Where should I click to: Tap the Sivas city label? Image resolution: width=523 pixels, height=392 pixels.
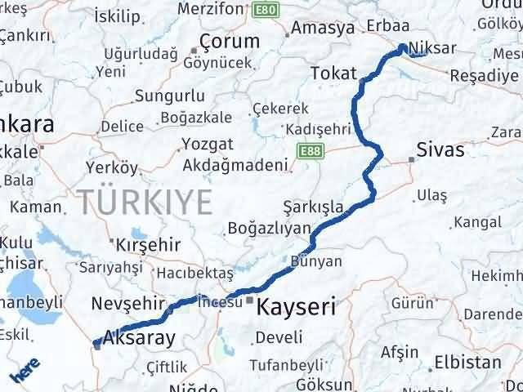(440, 150)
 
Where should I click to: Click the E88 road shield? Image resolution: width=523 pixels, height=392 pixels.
(309, 152)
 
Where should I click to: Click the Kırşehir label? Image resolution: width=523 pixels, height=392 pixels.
(146, 245)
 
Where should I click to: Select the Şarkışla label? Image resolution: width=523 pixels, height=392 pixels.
(313, 207)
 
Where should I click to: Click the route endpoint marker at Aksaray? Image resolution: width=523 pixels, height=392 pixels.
(97, 344)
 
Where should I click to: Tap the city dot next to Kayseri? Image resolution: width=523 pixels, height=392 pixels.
(250, 300)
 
